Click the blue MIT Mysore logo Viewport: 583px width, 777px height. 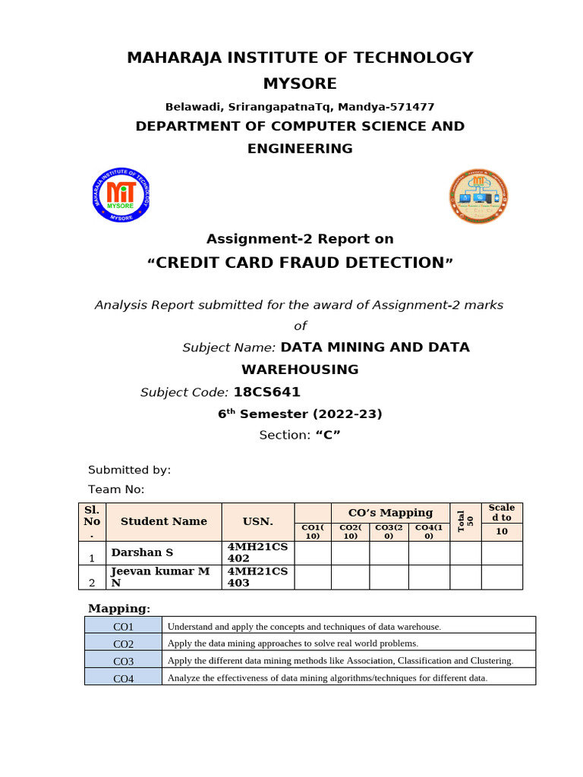point(123,196)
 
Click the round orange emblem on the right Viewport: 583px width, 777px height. point(478,196)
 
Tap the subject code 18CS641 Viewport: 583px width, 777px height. point(266,392)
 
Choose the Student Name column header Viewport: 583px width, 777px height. point(163,521)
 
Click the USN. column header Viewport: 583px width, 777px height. point(257,521)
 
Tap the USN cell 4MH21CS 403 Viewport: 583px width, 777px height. point(257,577)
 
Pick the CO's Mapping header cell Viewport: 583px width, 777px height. point(390,512)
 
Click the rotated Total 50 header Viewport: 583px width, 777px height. point(465,521)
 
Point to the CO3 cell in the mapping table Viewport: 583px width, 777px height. point(123,661)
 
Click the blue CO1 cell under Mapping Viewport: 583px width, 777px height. point(123,626)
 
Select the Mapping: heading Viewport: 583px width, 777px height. point(119,609)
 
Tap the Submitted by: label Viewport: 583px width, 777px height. point(130,470)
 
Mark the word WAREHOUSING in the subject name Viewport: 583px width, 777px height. point(300,370)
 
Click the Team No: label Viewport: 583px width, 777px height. point(116,489)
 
